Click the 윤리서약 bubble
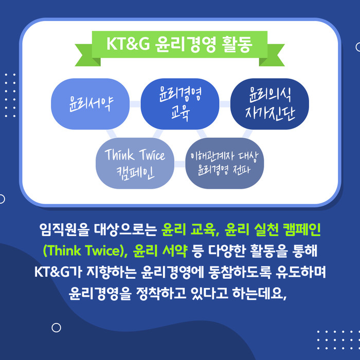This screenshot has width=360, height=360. [90, 104]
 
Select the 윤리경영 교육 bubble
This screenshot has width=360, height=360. [180, 104]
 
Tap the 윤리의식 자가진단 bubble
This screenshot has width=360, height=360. [269, 104]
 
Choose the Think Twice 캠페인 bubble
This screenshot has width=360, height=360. [135, 163]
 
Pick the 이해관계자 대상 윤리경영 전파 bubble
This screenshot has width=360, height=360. [225, 163]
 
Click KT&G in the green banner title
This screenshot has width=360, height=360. [128, 44]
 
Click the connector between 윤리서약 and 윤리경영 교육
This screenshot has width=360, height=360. [135, 104]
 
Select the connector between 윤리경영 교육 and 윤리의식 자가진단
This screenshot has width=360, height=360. [225, 104]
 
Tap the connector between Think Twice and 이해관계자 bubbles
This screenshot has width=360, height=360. [180, 164]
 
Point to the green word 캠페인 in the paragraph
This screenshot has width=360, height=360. [301, 230]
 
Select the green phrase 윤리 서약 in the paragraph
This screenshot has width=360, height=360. [160, 250]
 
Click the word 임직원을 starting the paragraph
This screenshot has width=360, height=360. [64, 230]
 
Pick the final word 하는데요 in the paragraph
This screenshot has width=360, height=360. [258, 293]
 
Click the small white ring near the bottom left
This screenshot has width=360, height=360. [56, 328]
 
